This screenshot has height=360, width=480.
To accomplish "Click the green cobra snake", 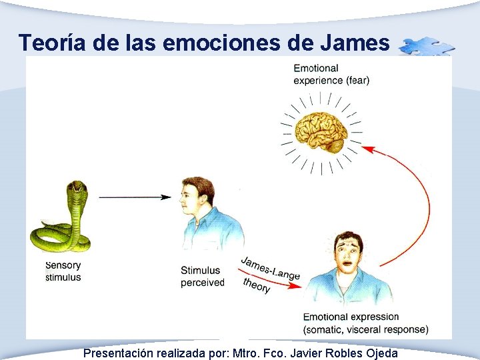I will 63,220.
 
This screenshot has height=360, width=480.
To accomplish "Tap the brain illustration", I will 321,131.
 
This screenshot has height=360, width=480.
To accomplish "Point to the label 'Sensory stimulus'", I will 63,271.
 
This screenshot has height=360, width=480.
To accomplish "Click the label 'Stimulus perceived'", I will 202,277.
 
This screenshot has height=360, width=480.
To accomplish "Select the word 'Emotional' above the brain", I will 316,68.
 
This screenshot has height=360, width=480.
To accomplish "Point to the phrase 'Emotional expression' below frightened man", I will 351,317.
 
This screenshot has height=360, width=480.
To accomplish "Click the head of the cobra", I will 77,188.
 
